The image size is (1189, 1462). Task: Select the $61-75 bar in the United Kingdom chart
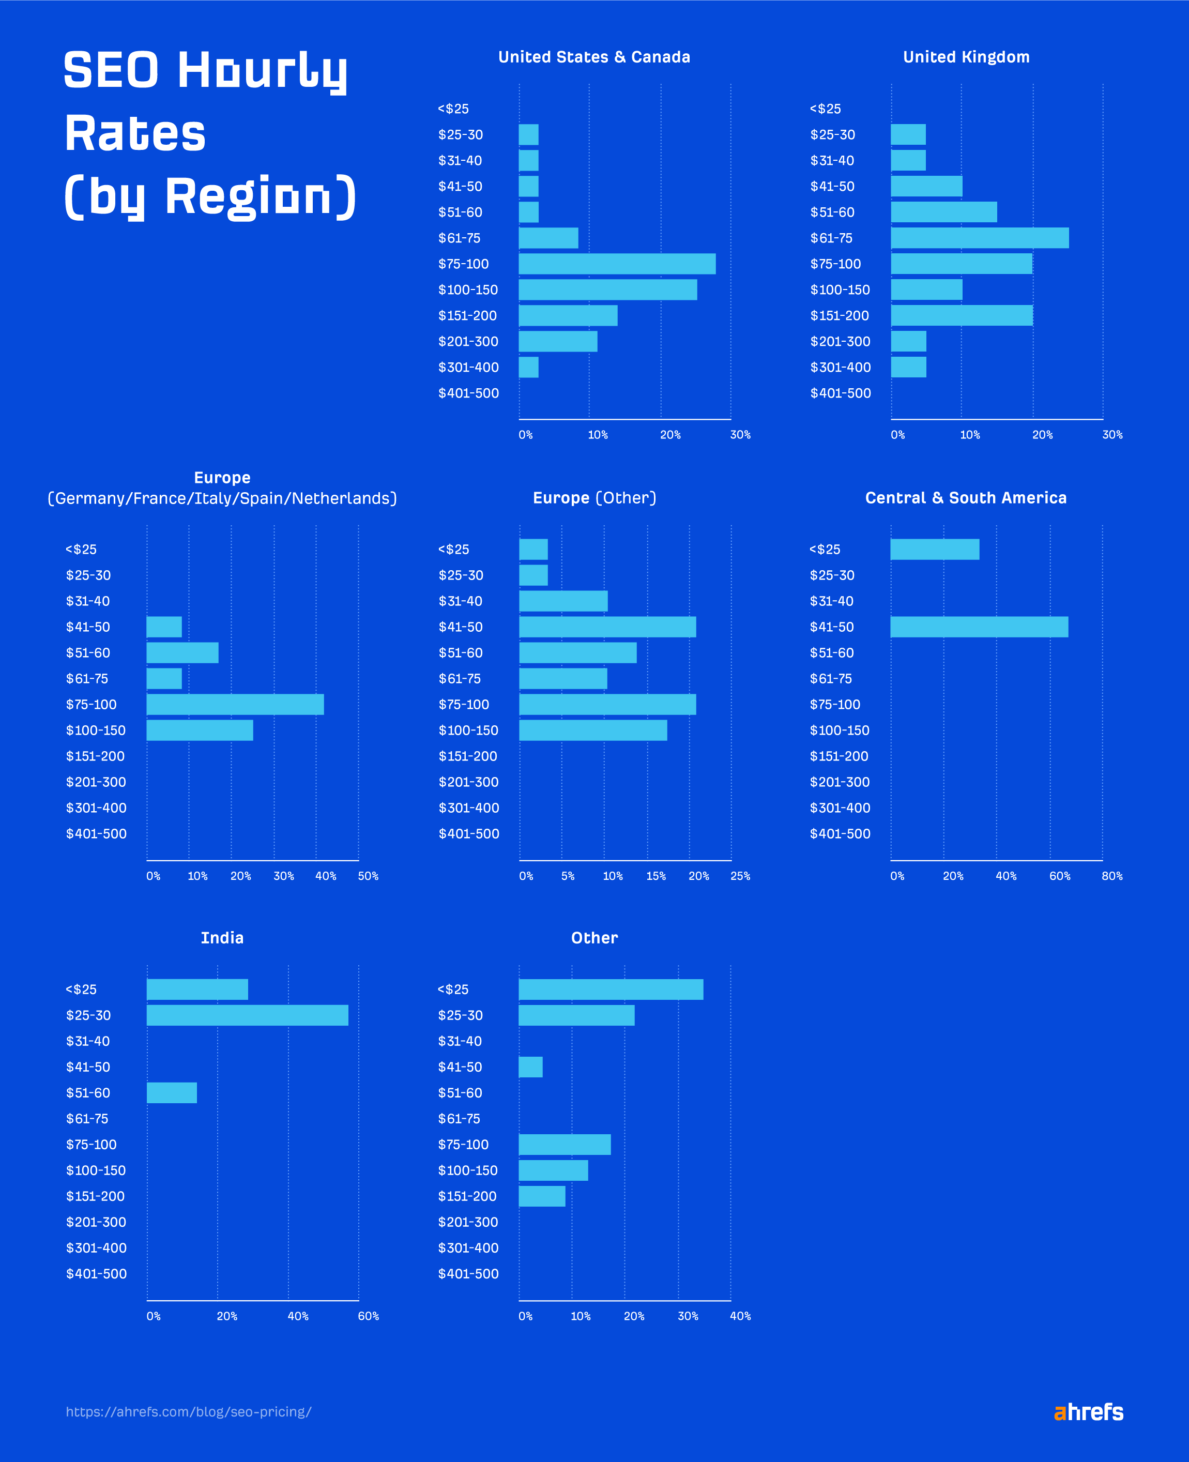pyautogui.click(x=980, y=238)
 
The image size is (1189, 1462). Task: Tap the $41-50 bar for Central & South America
pyautogui.click(x=979, y=627)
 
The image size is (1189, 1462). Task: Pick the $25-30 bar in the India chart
pyautogui.click(x=247, y=1015)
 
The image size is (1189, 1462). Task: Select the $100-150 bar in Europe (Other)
pyautogui.click(x=592, y=730)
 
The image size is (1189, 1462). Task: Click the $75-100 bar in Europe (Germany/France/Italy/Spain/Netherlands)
pyautogui.click(x=235, y=704)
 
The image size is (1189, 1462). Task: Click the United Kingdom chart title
pyautogui.click(x=966, y=57)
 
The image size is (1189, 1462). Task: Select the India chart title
pyautogui.click(x=222, y=937)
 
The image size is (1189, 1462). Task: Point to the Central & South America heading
pyautogui.click(x=966, y=498)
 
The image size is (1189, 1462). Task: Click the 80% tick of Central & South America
pyautogui.click(x=1111, y=876)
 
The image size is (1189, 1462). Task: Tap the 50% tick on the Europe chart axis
pyautogui.click(x=368, y=876)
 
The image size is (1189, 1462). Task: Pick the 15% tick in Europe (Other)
pyautogui.click(x=656, y=876)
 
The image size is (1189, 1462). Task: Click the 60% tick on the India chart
pyautogui.click(x=368, y=1316)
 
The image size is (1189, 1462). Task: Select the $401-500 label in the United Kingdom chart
pyautogui.click(x=841, y=393)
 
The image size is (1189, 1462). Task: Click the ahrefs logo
pyautogui.click(x=1088, y=1411)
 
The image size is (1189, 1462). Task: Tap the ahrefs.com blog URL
pyautogui.click(x=188, y=1411)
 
